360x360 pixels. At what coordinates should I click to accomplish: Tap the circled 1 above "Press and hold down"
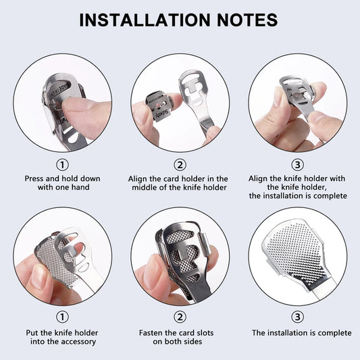62,164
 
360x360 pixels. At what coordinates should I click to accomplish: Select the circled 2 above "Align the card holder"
179,164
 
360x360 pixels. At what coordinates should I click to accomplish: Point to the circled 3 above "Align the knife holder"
297,164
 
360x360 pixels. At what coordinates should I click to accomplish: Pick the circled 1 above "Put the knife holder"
62,316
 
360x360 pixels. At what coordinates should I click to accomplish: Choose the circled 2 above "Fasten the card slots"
179,316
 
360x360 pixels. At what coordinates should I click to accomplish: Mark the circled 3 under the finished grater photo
297,316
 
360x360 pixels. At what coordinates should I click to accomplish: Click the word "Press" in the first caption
36,179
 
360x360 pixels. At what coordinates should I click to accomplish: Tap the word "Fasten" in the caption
153,333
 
